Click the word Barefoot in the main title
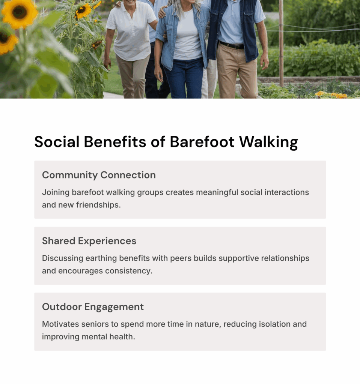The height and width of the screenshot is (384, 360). (x=202, y=142)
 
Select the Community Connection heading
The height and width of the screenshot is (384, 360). (x=99, y=175)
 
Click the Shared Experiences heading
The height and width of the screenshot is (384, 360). (x=89, y=241)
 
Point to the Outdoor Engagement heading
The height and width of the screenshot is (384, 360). (x=93, y=307)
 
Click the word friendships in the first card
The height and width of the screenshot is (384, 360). (x=98, y=205)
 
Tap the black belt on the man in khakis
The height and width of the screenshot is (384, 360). (x=232, y=45)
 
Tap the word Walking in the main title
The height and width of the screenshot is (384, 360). (x=268, y=142)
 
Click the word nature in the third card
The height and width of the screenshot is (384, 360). (x=208, y=324)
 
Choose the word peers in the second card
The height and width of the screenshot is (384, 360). (x=181, y=258)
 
